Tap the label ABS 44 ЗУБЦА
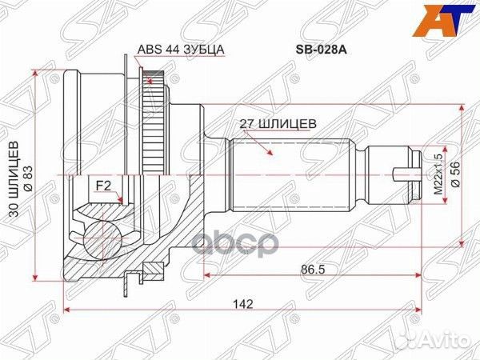tap(181, 49)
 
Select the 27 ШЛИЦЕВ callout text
tap(279, 124)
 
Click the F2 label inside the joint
tap(103, 186)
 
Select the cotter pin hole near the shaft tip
tap(407, 172)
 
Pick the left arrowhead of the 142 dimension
tap(66, 310)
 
